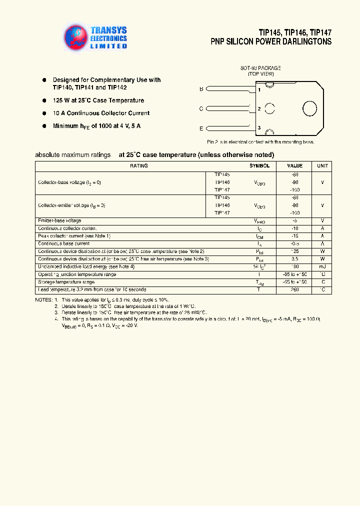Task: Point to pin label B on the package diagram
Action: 201,89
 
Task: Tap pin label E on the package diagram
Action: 201,128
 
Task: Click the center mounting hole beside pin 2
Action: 270,108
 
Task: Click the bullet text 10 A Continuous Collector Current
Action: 101,113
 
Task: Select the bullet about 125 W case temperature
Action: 98,100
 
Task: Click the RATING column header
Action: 139,166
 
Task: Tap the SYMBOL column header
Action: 259,166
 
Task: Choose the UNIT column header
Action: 322,166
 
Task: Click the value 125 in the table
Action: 294,251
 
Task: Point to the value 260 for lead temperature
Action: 294,290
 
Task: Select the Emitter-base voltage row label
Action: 59,220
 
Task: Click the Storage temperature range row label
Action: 66,282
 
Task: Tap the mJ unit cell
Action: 322,267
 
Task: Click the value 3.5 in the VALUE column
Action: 294,259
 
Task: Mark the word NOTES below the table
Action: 43,299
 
